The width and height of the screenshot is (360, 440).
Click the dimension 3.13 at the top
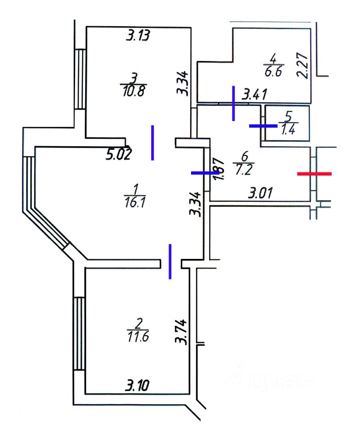tap(138, 35)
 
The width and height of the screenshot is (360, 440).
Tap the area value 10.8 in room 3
tap(133, 91)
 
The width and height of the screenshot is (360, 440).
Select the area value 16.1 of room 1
tap(136, 201)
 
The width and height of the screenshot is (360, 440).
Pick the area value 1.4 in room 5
tap(289, 130)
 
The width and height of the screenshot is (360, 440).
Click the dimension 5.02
tap(119, 154)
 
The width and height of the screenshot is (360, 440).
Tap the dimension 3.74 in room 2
tap(182, 331)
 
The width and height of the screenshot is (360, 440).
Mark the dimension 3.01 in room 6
tap(261, 193)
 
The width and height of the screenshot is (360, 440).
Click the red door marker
tap(314, 174)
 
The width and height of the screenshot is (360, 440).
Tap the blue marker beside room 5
tap(263, 125)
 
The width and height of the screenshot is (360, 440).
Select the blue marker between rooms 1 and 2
tap(170, 261)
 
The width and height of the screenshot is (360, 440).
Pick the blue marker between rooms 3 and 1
tap(153, 143)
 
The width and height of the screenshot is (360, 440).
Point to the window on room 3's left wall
tap(81, 79)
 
